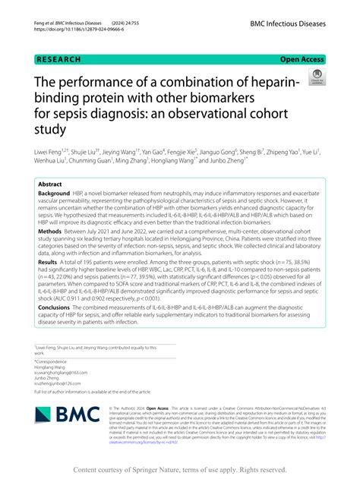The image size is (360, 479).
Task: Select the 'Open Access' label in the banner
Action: pos(302,58)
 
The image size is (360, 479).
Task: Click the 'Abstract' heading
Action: pos(50,184)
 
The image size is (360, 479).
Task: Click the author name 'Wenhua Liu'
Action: pos(49,161)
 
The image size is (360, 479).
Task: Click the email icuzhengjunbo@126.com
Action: pos(61,384)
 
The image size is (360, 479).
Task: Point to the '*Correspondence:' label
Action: pos(52,362)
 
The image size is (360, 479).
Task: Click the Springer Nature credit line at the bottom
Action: pos(179,470)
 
